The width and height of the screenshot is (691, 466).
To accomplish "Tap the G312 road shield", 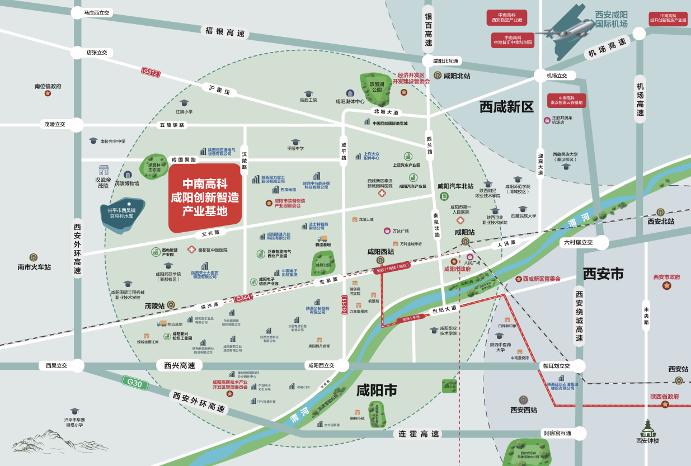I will tap(151, 72).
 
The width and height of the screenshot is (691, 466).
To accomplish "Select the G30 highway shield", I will tap(134, 383).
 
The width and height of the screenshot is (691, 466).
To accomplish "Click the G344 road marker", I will tap(243, 298).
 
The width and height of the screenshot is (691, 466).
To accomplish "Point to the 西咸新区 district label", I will tap(506, 106).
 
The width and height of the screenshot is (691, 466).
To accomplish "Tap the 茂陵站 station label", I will tap(155, 305).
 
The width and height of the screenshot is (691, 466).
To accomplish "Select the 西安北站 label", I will tap(661, 222).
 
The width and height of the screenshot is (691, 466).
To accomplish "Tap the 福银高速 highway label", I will tap(225, 32).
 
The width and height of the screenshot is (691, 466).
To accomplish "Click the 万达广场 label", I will tap(400, 231).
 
